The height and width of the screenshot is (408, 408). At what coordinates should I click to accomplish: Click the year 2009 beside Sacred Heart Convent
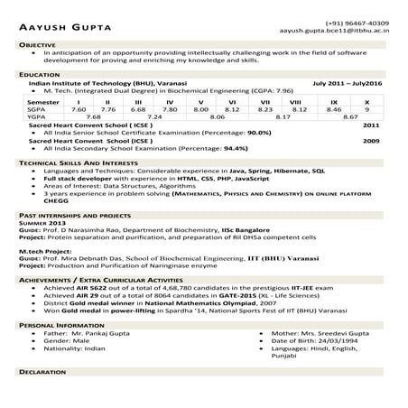[371, 141]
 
